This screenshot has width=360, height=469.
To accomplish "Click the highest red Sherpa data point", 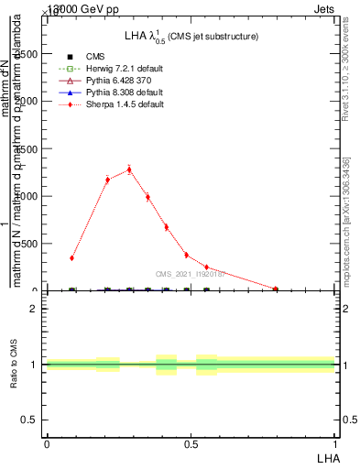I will (x=129, y=169).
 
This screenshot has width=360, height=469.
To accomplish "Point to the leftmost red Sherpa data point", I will (x=72, y=258).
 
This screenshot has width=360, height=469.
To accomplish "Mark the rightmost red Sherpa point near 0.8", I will (x=276, y=289).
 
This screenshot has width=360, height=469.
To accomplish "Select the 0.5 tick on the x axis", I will (x=191, y=443).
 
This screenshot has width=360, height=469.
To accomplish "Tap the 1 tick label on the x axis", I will (x=335, y=443).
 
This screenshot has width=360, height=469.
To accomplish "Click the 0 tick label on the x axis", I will (x=47, y=443).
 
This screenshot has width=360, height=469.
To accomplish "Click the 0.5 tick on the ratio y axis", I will (x=29, y=420).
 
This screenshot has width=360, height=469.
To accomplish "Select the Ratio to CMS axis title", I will (x=13, y=365).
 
